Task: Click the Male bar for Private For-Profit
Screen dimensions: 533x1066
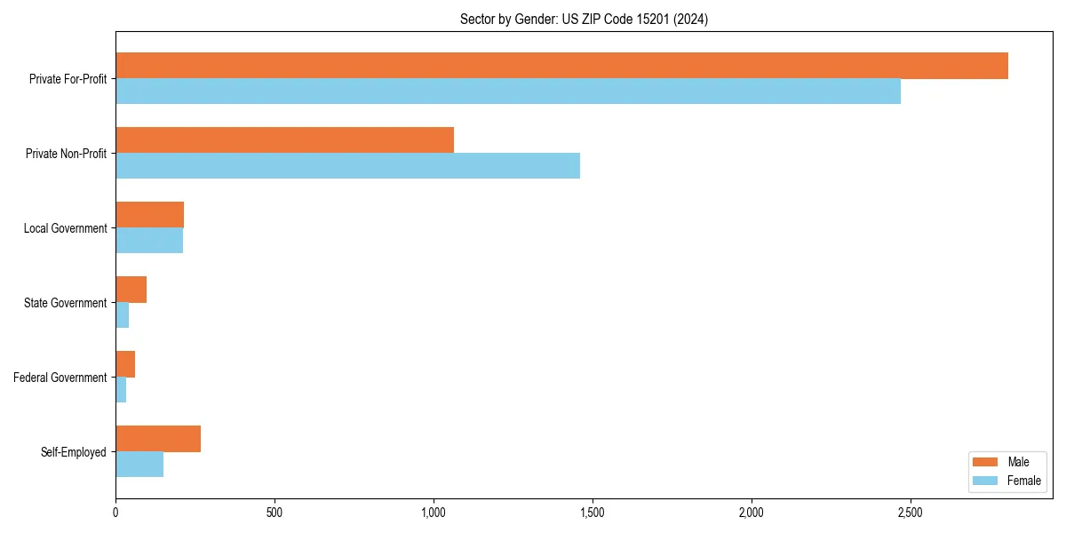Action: click(561, 66)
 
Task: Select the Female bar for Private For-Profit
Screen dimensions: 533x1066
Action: click(508, 91)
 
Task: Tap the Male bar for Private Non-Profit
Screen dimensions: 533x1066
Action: click(284, 140)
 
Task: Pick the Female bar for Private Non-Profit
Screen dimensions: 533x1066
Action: click(347, 166)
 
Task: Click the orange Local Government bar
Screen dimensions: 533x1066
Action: click(149, 215)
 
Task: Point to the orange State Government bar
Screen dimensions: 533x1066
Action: click(131, 290)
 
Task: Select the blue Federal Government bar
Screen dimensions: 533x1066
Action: click(121, 390)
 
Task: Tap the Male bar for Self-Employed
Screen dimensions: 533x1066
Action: click(158, 439)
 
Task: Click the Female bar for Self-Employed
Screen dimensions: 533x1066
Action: click(139, 465)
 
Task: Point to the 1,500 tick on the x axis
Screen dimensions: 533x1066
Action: click(592, 513)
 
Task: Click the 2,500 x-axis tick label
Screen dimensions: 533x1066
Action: click(910, 513)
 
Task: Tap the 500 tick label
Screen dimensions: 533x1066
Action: click(274, 513)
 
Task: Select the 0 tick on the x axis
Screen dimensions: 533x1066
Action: click(115, 513)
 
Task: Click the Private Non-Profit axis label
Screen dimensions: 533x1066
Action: click(66, 154)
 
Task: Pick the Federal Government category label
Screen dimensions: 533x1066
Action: click(60, 378)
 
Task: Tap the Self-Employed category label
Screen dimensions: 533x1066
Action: click(73, 452)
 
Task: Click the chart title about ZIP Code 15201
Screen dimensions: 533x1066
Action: click(584, 19)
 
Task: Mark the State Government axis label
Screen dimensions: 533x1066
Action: click(65, 303)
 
